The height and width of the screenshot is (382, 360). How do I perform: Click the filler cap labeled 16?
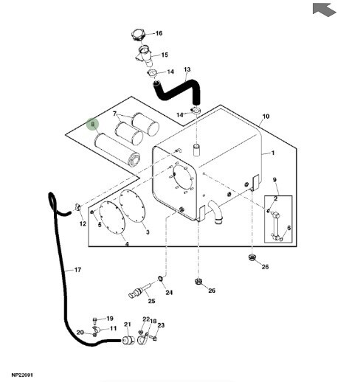138,35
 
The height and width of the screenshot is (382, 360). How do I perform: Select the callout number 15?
165,55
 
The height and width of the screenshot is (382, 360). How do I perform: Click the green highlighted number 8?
92,124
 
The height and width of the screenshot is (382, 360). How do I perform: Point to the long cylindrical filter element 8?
117,150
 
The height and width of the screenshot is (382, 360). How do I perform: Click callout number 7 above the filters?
114,114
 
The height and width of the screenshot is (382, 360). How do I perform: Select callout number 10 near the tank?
266,117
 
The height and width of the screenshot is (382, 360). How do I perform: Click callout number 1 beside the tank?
273,153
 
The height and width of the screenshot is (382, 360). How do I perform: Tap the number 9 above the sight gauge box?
274,180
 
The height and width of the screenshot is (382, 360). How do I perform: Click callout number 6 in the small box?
289,228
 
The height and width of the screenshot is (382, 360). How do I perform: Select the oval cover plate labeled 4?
112,218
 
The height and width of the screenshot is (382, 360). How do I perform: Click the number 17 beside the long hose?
77,270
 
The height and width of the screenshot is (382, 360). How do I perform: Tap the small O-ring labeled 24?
160,279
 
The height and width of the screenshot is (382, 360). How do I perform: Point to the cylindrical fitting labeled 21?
128,340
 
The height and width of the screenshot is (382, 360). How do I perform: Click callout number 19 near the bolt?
110,319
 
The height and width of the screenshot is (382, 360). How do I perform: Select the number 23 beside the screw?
161,325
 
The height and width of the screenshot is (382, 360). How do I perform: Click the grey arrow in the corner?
324,10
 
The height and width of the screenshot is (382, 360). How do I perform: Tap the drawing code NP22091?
22,375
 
